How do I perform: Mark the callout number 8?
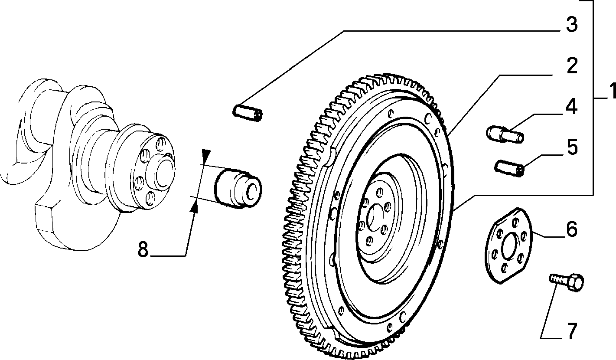(x=143, y=249)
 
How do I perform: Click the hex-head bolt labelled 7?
(x=567, y=282)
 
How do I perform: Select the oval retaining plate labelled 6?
(x=508, y=245)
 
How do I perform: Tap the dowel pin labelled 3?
(x=248, y=113)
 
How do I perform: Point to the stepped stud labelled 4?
(x=505, y=134)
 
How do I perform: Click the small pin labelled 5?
(x=509, y=168)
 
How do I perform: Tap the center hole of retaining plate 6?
(x=510, y=246)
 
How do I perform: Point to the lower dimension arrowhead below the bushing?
(x=194, y=206)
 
